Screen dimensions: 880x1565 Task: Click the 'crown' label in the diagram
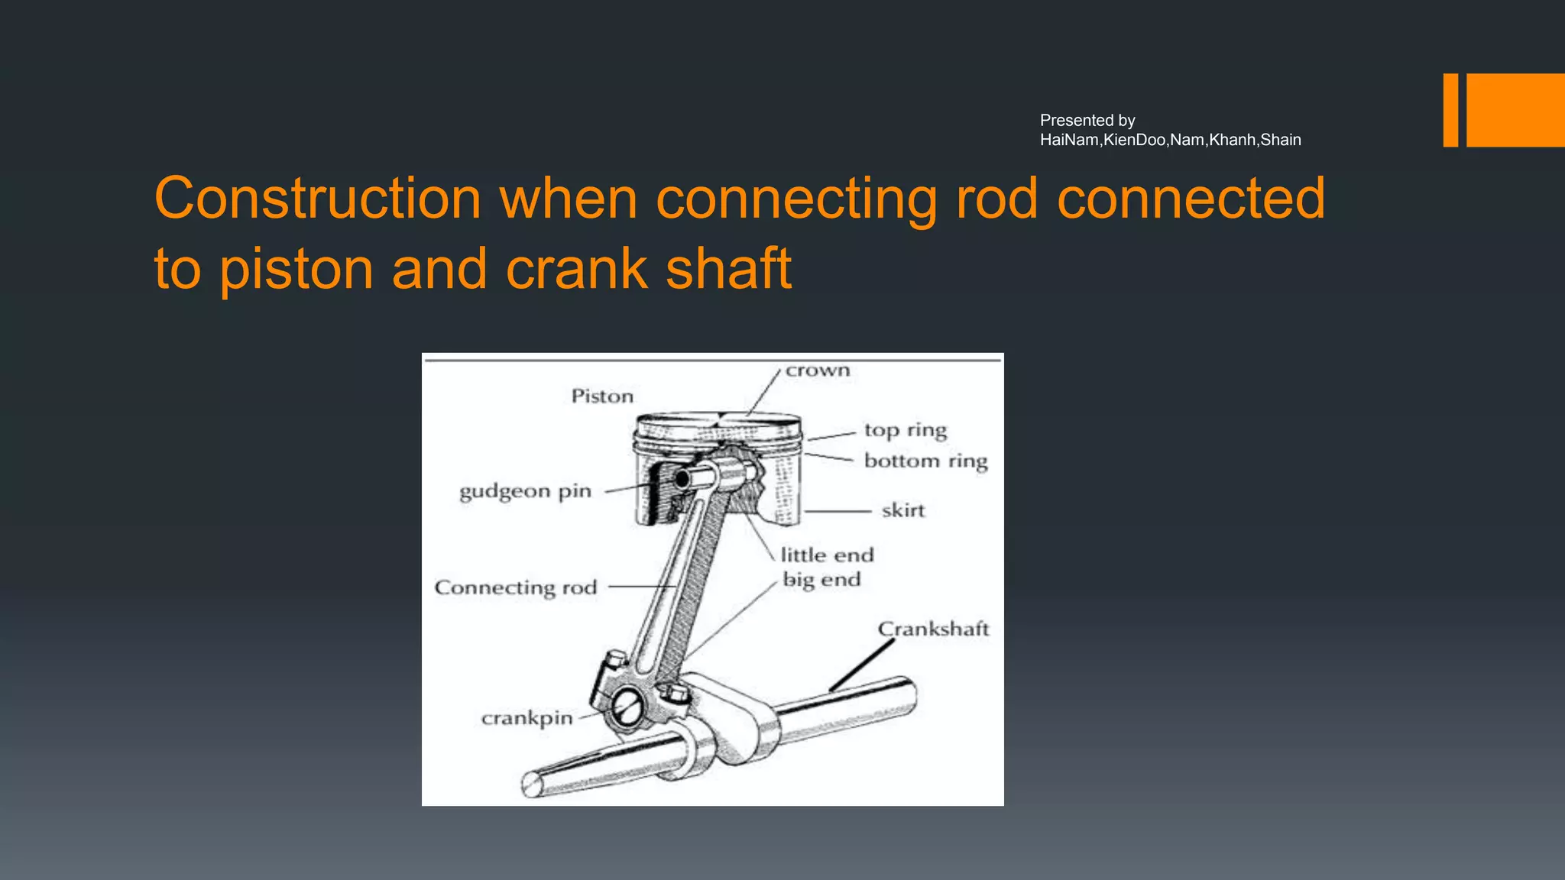818,370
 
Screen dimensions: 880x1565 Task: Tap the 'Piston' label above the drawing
602,396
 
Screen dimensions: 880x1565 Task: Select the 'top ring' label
906,430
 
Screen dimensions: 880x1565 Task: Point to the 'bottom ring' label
925,461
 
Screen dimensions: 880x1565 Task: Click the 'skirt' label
903,510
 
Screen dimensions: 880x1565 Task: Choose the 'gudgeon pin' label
525,491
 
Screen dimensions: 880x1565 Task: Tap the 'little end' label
827,555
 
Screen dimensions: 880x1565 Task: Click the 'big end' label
821,580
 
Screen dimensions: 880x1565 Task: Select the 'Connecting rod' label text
515,587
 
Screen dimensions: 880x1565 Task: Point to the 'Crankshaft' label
933,629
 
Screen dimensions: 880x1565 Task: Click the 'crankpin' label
527,718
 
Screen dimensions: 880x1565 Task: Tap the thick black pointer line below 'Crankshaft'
862,665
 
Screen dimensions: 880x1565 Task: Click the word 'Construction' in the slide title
317,199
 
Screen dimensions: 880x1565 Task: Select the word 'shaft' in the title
728,269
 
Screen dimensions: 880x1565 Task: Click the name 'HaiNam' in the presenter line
1070,140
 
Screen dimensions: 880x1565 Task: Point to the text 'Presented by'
1087,121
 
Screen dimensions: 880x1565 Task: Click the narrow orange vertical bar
1450,110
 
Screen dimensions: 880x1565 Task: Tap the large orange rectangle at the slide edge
1515,110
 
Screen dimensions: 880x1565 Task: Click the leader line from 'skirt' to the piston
838,511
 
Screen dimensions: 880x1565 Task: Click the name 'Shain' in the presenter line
1281,140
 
